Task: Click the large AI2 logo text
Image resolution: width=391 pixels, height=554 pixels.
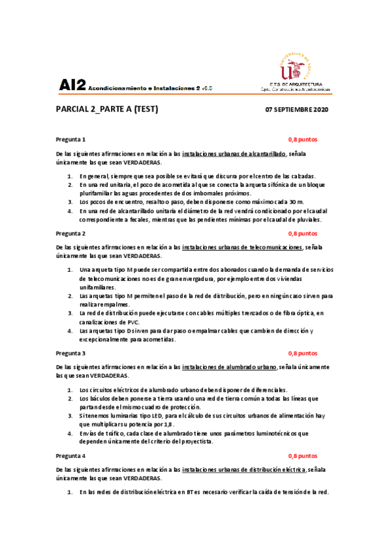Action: (x=72, y=84)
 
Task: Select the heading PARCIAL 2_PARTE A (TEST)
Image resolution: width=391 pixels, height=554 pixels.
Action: (x=107, y=109)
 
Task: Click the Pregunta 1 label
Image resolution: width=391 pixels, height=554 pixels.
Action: (x=71, y=140)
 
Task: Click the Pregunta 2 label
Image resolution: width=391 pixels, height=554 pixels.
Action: (x=71, y=233)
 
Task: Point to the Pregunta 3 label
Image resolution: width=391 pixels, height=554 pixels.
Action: (x=71, y=353)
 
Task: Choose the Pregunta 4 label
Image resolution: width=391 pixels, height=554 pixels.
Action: (x=71, y=455)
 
